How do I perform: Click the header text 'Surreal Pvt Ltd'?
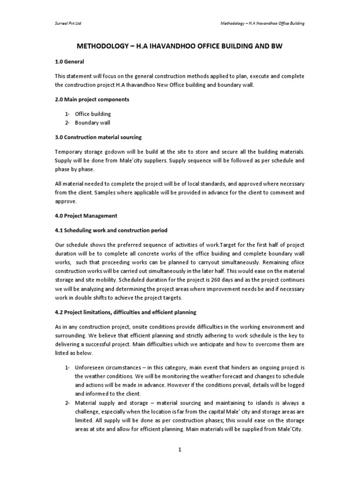(69, 23)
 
